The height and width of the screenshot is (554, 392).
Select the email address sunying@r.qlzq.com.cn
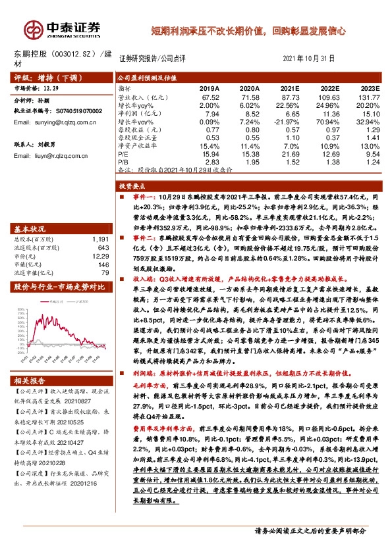(x=56, y=122)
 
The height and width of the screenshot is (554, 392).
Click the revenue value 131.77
(x=369, y=97)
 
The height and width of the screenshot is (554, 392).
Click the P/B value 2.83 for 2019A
(x=211, y=161)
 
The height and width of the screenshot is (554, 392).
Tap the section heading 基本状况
(x=29, y=228)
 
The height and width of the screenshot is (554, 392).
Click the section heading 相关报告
(x=29, y=363)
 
